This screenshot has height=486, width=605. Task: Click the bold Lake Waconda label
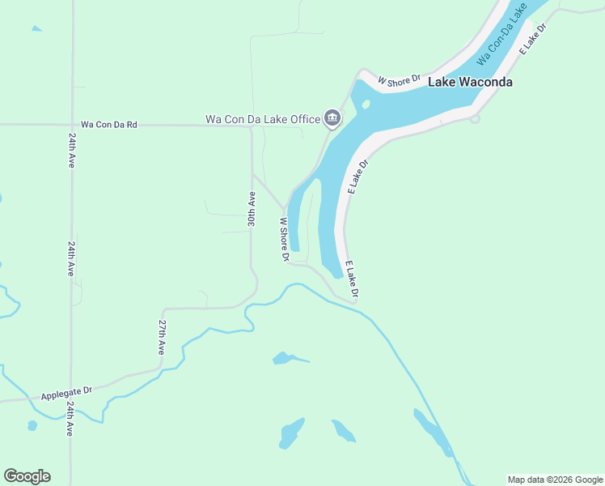[470, 82]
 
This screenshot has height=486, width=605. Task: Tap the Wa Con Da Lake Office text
[263, 119]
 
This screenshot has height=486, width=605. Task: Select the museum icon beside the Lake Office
[332, 119]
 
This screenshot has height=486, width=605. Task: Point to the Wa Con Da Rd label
[109, 125]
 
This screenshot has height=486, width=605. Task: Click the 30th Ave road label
[252, 209]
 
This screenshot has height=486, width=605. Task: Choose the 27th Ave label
[162, 337]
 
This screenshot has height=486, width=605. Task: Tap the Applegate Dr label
[66, 392]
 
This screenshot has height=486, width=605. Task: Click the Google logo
[27, 476]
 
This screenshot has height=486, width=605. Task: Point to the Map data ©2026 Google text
[555, 480]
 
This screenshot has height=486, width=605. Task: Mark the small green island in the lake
[366, 104]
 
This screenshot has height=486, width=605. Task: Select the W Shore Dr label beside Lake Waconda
[400, 79]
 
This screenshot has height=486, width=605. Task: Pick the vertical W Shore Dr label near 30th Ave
[284, 239]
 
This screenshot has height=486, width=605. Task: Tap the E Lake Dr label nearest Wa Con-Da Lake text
[533, 39]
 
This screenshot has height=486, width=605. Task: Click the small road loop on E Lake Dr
[475, 119]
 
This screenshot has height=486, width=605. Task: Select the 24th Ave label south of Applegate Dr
[70, 419]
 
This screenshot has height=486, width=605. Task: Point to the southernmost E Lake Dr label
[352, 279]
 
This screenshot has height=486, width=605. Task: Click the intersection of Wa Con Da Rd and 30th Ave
[251, 126]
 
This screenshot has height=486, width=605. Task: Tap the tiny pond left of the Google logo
[32, 425]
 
